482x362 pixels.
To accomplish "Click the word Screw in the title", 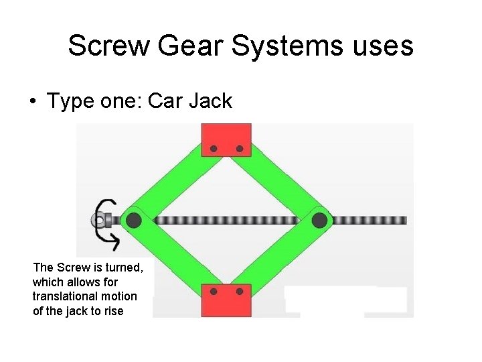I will click(110, 46).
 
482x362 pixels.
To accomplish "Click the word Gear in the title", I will click(197, 46).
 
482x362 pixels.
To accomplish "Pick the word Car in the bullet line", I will click(165, 101).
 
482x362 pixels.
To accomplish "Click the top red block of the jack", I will click(226, 140).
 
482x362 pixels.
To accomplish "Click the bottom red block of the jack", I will click(226, 299).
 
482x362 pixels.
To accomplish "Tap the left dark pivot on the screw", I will click(133, 219).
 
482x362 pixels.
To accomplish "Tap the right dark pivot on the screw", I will click(319, 220).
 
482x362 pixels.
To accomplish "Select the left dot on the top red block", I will click(214, 149).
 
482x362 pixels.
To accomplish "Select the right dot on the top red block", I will click(239, 149).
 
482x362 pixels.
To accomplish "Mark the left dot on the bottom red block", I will click(214, 292).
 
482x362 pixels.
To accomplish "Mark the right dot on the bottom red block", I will click(239, 292).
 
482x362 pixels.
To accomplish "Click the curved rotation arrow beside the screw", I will click(106, 221).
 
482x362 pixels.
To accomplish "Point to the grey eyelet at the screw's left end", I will click(98, 220).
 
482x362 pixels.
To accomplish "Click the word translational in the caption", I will click(60, 296).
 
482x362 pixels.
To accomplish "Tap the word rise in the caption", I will click(113, 311).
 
